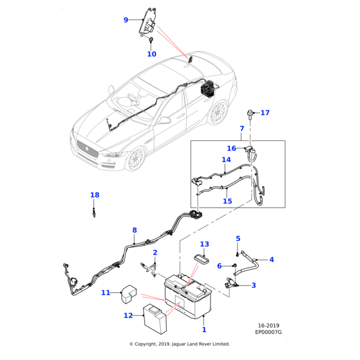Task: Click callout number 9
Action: pyautogui.click(x=126, y=20)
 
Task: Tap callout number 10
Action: pyautogui.click(x=151, y=54)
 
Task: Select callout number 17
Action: pyautogui.click(x=265, y=113)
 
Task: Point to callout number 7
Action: pyautogui.click(x=242, y=128)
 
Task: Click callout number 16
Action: pyautogui.click(x=232, y=148)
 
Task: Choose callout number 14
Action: pyautogui.click(x=226, y=160)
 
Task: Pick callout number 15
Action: pyautogui.click(x=227, y=202)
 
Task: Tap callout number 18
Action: pyautogui.click(x=95, y=195)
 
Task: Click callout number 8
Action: pyautogui.click(x=134, y=230)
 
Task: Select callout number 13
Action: pyautogui.click(x=205, y=244)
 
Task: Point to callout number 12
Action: pyautogui.click(x=128, y=316)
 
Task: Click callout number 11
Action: pyautogui.click(x=106, y=293)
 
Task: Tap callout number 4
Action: pyautogui.click(x=271, y=260)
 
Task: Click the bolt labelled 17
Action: pyautogui.click(x=250, y=113)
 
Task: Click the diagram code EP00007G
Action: pyautogui.click(x=268, y=332)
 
